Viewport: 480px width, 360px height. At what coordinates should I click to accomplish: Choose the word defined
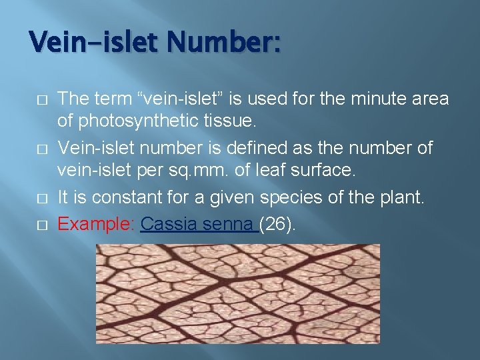pyautogui.click(x=263, y=146)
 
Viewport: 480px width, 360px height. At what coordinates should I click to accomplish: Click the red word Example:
pyautogui.click(x=97, y=223)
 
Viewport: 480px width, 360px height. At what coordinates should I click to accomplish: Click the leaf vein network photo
pyautogui.click(x=237, y=293)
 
